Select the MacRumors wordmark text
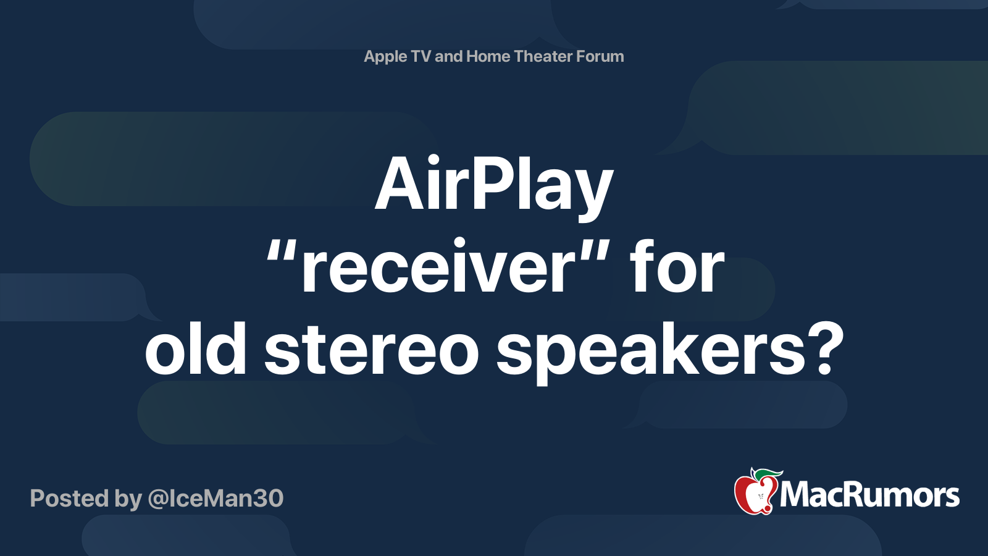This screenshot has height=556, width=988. (x=869, y=495)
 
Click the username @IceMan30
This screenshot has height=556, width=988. (x=216, y=499)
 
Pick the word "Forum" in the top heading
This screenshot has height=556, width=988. (x=599, y=56)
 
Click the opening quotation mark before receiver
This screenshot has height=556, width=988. (x=281, y=253)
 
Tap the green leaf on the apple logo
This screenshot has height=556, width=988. (x=767, y=475)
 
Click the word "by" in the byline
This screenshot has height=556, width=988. (x=128, y=500)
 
